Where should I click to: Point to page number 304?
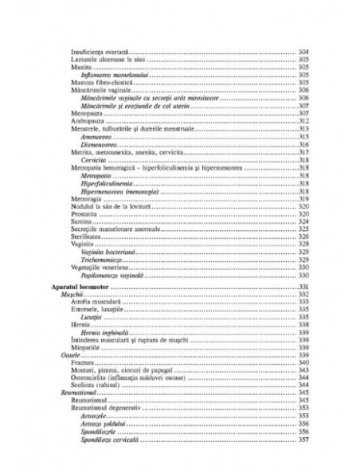(303, 52)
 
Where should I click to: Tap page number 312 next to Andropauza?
(303, 121)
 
